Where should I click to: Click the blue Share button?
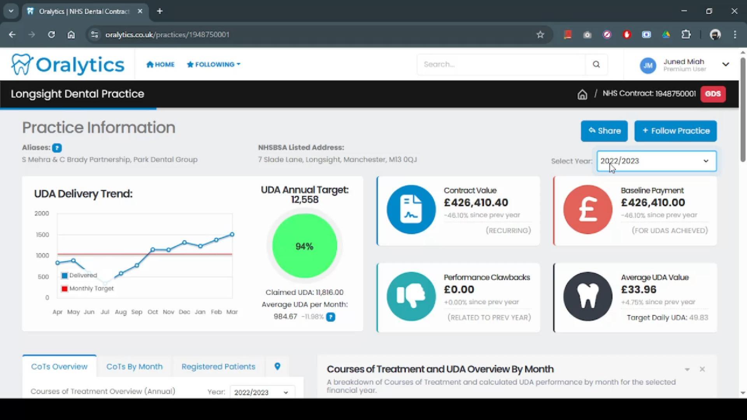pyautogui.click(x=604, y=131)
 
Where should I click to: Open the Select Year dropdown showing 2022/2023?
pyautogui.click(x=656, y=161)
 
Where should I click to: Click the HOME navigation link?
pyautogui.click(x=160, y=65)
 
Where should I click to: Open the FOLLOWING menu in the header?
pyautogui.click(x=214, y=65)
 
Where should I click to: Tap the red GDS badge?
pyautogui.click(x=713, y=94)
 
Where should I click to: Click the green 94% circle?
pyautogui.click(x=304, y=246)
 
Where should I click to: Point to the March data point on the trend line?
pyautogui.click(x=232, y=234)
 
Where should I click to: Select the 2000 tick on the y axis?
pyautogui.click(x=42, y=213)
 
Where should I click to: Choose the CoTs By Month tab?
pyautogui.click(x=134, y=367)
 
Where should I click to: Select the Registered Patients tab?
pyautogui.click(x=218, y=367)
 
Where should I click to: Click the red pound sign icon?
pyautogui.click(x=587, y=210)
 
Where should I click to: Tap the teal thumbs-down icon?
pyautogui.click(x=411, y=296)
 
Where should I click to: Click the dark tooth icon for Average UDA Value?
pyautogui.click(x=587, y=296)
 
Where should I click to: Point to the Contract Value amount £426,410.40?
pyautogui.click(x=476, y=203)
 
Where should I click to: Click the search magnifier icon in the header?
pyautogui.click(x=596, y=65)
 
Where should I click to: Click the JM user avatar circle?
pyautogui.click(x=648, y=65)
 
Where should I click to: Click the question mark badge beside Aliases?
pyautogui.click(x=57, y=148)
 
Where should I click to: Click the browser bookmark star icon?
pyautogui.click(x=540, y=35)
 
